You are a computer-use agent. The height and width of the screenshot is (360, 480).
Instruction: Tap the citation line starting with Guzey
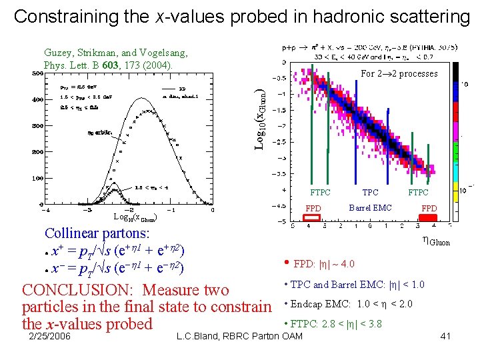pos(115,52)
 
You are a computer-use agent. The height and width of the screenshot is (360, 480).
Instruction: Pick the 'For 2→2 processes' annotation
pos(399,73)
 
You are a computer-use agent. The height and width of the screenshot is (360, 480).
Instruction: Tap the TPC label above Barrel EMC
pos(370,193)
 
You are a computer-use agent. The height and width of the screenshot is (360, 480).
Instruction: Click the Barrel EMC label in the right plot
pos(370,207)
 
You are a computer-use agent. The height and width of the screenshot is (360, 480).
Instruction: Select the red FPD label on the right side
pos(429,209)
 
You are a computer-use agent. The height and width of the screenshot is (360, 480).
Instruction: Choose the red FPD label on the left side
pos(313,209)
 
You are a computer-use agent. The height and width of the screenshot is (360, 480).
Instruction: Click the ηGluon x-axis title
pos(434,242)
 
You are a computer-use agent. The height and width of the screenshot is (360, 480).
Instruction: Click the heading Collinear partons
pos(97,234)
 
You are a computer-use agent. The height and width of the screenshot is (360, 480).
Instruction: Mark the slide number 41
pos(445,336)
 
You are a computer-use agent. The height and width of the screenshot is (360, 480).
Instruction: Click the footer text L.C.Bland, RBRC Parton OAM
pos(239,336)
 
